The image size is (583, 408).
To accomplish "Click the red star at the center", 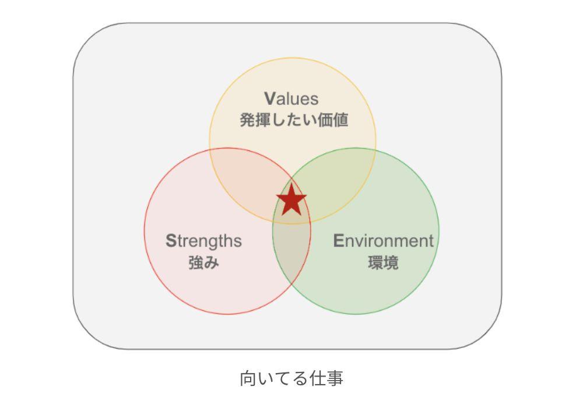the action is point(291,199).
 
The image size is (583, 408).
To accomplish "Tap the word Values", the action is point(291,99).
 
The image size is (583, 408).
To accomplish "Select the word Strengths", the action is point(203,241).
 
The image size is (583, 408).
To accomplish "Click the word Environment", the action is point(383,241).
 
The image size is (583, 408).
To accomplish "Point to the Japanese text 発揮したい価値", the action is point(294,120).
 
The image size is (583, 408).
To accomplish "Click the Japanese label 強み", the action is point(203,263).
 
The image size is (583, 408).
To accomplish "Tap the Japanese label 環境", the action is point(383,263).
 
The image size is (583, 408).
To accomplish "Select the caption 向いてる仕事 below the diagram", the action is point(291,378).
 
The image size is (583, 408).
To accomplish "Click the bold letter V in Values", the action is point(269,99).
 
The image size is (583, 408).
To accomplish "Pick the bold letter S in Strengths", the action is point(171,241).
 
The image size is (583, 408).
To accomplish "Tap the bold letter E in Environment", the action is point(338,241).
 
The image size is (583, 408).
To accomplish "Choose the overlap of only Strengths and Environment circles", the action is point(291,253).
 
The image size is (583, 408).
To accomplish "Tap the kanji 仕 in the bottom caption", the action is point(317,378).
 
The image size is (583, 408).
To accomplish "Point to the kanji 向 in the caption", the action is point(248,378).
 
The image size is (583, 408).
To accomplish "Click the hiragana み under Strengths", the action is point(212,263).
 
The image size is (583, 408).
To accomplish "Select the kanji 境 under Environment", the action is point(391,263).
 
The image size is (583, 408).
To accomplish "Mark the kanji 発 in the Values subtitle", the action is point(248,120).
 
